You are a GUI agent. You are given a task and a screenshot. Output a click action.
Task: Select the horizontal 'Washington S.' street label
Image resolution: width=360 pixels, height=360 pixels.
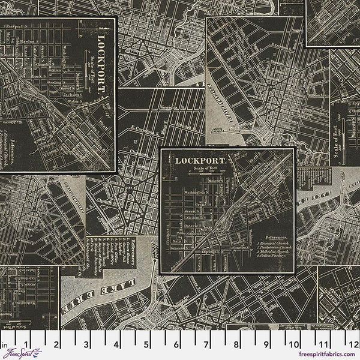coord(188,191)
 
